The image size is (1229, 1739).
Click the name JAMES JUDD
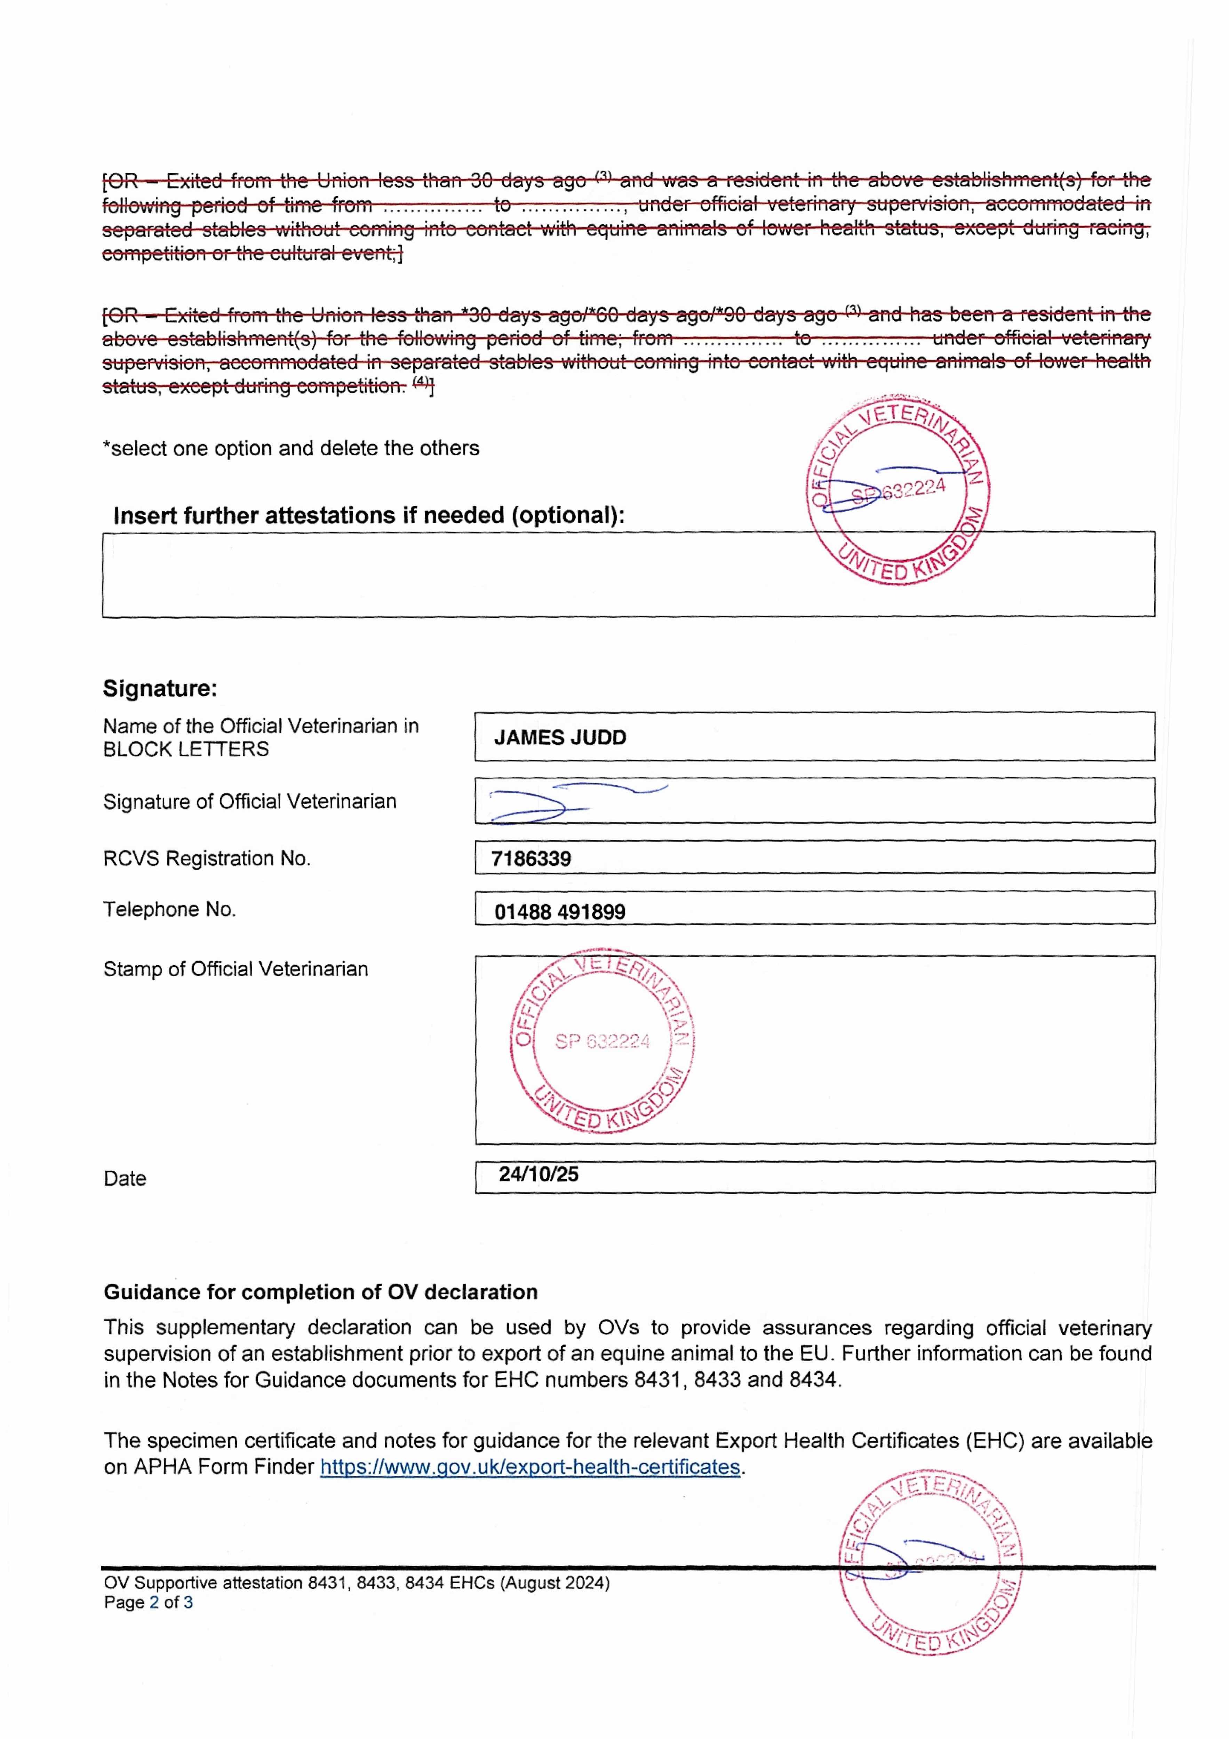(x=560, y=738)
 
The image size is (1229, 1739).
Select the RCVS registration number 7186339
(x=531, y=859)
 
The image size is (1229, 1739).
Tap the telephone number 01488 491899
(x=560, y=912)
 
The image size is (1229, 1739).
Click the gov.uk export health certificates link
(x=530, y=1467)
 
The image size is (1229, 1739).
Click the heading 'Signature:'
(x=160, y=689)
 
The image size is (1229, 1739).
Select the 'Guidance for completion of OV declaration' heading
(x=320, y=1292)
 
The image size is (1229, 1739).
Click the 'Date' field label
(x=125, y=1179)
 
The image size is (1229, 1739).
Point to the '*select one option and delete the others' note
(x=291, y=448)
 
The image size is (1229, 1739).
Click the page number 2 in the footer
(x=154, y=1603)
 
